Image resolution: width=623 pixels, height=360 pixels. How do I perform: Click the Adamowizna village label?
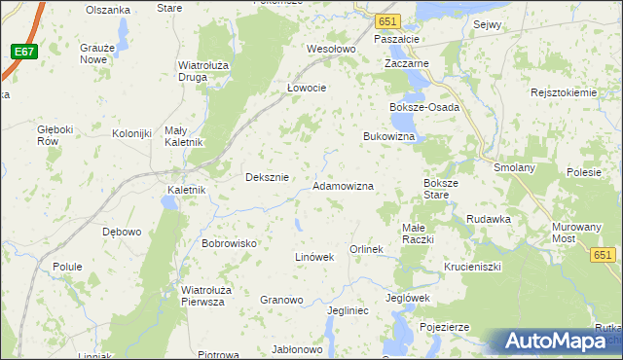tap(343, 185)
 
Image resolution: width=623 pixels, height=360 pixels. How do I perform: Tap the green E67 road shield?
tap(26, 51)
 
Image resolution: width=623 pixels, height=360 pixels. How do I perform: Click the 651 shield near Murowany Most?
tap(603, 254)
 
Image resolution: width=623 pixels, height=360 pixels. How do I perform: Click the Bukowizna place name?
tap(389, 137)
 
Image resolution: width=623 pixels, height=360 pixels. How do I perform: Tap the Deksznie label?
tap(267, 177)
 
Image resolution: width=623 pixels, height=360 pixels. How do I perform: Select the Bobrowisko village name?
tap(229, 242)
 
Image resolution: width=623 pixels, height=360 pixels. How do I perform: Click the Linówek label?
tap(314, 257)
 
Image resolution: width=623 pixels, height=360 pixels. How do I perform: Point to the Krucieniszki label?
tap(472, 266)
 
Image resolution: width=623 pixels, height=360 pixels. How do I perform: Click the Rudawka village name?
tap(488, 219)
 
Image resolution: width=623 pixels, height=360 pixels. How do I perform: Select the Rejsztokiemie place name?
tap(563, 92)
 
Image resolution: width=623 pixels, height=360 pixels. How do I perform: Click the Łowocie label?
tap(306, 87)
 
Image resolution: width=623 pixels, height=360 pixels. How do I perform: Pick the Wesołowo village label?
tap(332, 49)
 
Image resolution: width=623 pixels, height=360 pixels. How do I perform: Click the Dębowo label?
tap(123, 232)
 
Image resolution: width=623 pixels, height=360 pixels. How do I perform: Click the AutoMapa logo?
tap(558, 342)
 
